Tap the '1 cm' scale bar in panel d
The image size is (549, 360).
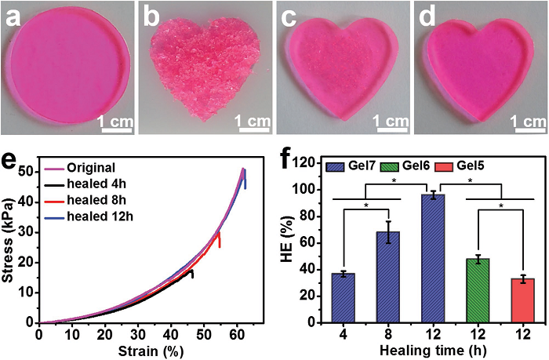[x=524, y=122]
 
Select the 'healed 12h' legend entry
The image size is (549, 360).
[x=98, y=216]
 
